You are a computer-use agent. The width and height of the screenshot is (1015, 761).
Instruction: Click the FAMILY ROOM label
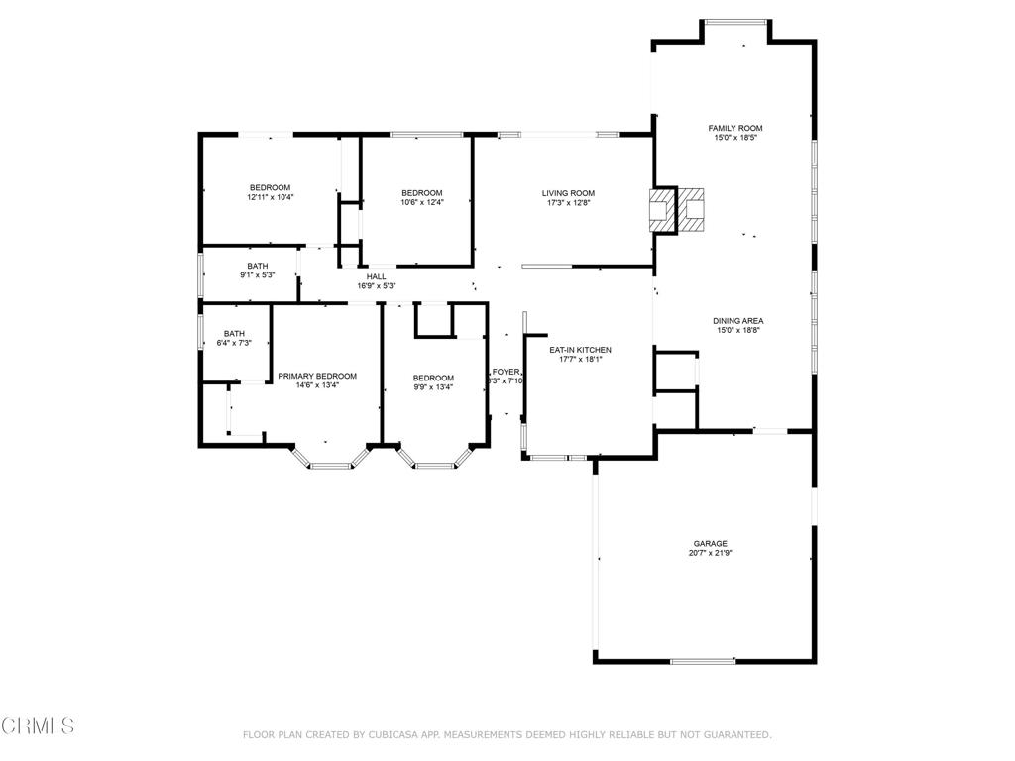pyautogui.click(x=734, y=128)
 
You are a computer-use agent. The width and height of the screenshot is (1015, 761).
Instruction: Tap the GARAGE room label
pyautogui.click(x=710, y=543)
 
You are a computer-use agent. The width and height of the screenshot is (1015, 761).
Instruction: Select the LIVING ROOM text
pyautogui.click(x=568, y=193)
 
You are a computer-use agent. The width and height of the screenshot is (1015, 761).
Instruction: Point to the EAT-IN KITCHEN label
pyautogui.click(x=581, y=350)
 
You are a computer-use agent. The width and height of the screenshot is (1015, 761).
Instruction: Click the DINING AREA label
pyautogui.click(x=737, y=321)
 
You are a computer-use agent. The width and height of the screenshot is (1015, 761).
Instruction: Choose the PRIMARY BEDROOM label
pyautogui.click(x=317, y=376)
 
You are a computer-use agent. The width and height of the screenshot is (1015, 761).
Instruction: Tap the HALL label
pyautogui.click(x=377, y=276)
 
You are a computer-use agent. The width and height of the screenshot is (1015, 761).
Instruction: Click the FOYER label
pyautogui.click(x=507, y=371)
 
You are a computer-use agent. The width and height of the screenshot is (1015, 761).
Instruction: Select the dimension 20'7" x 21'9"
pyautogui.click(x=711, y=553)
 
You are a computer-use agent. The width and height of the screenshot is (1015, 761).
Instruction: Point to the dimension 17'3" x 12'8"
pyautogui.click(x=568, y=203)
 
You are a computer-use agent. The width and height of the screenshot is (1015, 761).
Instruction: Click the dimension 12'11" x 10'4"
pyautogui.click(x=270, y=197)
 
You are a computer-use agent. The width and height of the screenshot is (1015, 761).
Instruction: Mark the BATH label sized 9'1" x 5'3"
pyautogui.click(x=258, y=266)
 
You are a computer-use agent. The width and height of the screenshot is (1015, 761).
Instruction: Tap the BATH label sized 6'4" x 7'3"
pyautogui.click(x=234, y=333)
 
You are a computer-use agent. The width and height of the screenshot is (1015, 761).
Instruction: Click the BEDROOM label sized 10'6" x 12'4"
pyautogui.click(x=421, y=192)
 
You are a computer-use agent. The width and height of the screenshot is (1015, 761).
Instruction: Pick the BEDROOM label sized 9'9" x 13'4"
pyautogui.click(x=433, y=378)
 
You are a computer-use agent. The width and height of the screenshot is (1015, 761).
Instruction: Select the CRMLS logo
pyautogui.click(x=38, y=726)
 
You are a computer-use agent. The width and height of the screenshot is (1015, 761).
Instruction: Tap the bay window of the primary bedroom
pyautogui.click(x=330, y=463)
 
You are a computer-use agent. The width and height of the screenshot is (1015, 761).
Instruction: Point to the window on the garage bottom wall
pyautogui.click(x=703, y=661)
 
